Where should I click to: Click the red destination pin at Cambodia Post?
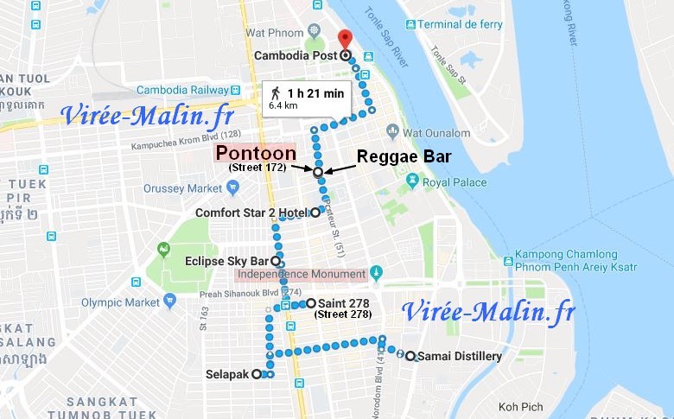pos(345,40)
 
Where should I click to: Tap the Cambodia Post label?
pos(296,56)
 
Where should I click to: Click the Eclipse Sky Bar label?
pos(227,261)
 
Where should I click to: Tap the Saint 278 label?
pos(344,303)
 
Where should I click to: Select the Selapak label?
pos(227,375)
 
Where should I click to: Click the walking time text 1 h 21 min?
pos(316,93)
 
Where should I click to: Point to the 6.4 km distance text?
pos(283,105)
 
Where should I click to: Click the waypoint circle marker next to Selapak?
pos(257,375)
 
